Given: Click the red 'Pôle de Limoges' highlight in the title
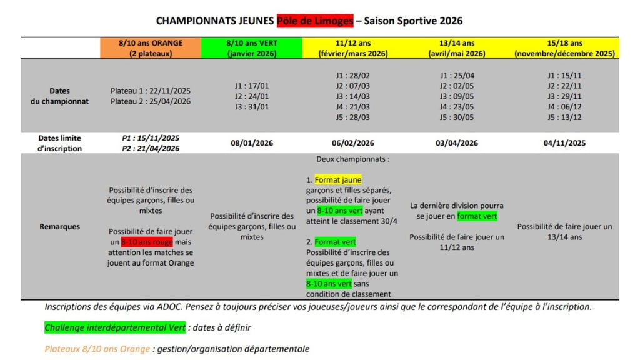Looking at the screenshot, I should click(314, 21).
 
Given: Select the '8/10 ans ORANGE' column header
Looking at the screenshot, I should click(151, 48).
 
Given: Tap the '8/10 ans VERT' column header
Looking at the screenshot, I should click(251, 48).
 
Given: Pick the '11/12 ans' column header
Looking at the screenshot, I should click(352, 48).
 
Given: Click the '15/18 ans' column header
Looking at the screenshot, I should click(564, 48).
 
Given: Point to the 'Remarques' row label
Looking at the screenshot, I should click(60, 226).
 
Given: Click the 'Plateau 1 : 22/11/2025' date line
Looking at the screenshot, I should click(151, 91).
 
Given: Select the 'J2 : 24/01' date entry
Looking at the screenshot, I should click(251, 96).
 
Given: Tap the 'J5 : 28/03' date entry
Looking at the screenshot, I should click(352, 117).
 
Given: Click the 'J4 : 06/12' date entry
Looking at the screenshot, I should click(564, 107).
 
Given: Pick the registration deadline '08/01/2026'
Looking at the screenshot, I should click(251, 143).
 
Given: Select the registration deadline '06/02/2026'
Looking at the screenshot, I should click(352, 143).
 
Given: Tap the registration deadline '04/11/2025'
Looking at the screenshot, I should click(564, 143).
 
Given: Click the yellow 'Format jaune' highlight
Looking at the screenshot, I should click(338, 179).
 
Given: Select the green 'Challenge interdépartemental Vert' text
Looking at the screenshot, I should click(115, 327).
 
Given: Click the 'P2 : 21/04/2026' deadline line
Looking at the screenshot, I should click(151, 149).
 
